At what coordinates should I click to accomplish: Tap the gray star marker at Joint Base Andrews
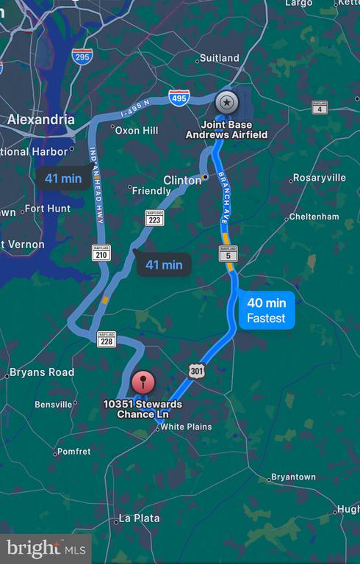[226, 102]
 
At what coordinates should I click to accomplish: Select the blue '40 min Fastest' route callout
[266, 311]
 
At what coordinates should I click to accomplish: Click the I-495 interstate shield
[179, 97]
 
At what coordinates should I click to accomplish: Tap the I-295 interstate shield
[82, 57]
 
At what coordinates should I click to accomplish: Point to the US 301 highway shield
[195, 371]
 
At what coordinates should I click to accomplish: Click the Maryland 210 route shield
[101, 253]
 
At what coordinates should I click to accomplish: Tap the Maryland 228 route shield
[106, 339]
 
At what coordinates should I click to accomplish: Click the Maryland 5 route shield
[228, 254]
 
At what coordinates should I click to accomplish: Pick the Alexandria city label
[40, 119]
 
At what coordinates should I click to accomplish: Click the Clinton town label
[181, 180]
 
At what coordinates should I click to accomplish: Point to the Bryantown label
[293, 477]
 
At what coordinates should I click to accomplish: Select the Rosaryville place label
[319, 178]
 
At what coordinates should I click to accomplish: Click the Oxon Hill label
[139, 130]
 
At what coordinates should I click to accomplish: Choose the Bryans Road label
[42, 372]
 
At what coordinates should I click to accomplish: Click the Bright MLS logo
[46, 548]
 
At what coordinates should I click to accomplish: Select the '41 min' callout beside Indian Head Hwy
[63, 178]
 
